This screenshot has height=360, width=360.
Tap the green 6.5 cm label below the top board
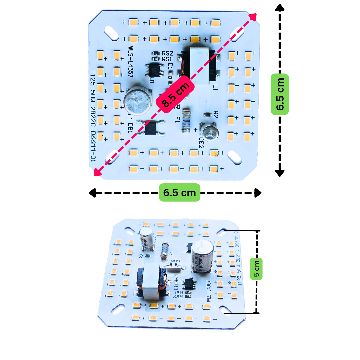tap(179, 192)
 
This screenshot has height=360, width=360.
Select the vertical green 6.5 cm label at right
tap(280, 94)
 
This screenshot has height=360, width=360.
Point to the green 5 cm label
tap(256, 269)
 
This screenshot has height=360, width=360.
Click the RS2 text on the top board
tap(167, 53)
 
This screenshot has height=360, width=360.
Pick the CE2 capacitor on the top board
tap(209, 132)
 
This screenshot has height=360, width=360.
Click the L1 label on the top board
tap(215, 87)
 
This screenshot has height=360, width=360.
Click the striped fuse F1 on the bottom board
tap(164, 251)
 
